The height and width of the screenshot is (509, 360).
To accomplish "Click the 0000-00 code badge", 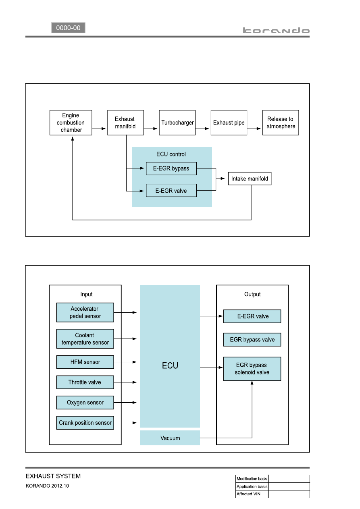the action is (68, 28).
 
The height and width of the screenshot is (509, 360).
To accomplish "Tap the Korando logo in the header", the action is (276, 30).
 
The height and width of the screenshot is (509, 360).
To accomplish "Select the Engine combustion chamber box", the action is (71, 123).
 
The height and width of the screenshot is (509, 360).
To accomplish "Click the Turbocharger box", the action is (177, 123).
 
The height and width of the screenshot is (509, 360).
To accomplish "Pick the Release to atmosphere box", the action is (281, 123).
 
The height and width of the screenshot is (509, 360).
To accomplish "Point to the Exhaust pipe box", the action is (229, 123).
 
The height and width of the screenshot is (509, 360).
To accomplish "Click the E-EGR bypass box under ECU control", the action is (171, 168).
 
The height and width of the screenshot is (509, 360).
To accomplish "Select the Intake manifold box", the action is (250, 179).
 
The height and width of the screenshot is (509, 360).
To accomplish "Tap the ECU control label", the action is (171, 154).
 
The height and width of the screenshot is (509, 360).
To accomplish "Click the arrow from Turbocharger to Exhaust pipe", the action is (202, 129).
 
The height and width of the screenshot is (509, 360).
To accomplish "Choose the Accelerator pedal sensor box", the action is (85, 312).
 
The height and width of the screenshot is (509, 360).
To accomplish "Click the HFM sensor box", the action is (85, 362).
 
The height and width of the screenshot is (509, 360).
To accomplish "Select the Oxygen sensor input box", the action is (85, 403).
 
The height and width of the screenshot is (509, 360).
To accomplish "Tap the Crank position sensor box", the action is (85, 423).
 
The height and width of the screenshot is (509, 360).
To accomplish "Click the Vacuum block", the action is (170, 438).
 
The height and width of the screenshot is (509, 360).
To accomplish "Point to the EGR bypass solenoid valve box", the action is (252, 369).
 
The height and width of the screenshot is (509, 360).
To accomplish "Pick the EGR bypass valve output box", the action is (252, 339).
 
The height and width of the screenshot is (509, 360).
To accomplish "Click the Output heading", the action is (252, 294).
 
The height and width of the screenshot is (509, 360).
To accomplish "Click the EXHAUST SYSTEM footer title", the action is (53, 476).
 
